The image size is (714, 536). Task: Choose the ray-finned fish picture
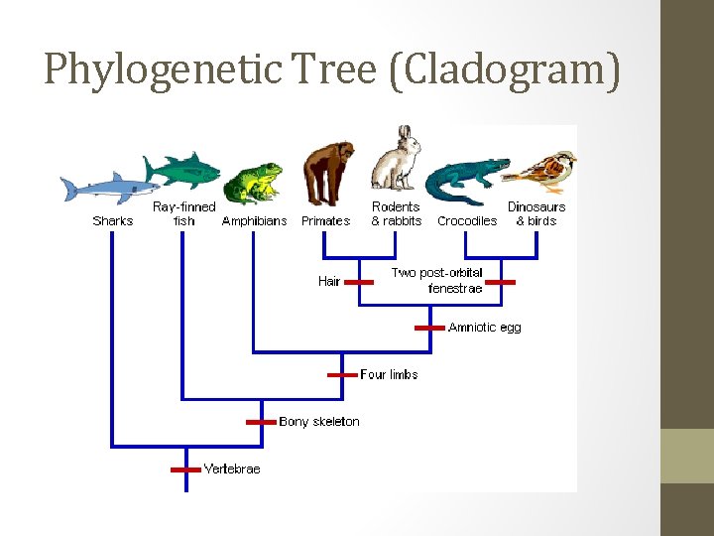(182, 170)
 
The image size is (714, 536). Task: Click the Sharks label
(112, 221)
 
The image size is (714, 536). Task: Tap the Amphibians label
(255, 221)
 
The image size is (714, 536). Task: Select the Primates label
(326, 221)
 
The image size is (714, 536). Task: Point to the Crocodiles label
(467, 221)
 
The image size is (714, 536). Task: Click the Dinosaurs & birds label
(536, 214)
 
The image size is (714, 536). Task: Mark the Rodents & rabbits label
(397, 214)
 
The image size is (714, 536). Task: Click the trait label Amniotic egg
(484, 328)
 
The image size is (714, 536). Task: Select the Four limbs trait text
(389, 375)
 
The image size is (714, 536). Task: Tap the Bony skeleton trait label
(319, 422)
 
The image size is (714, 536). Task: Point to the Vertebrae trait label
(232, 469)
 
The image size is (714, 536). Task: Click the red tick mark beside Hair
(358, 282)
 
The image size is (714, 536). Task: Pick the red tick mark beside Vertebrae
(185, 469)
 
